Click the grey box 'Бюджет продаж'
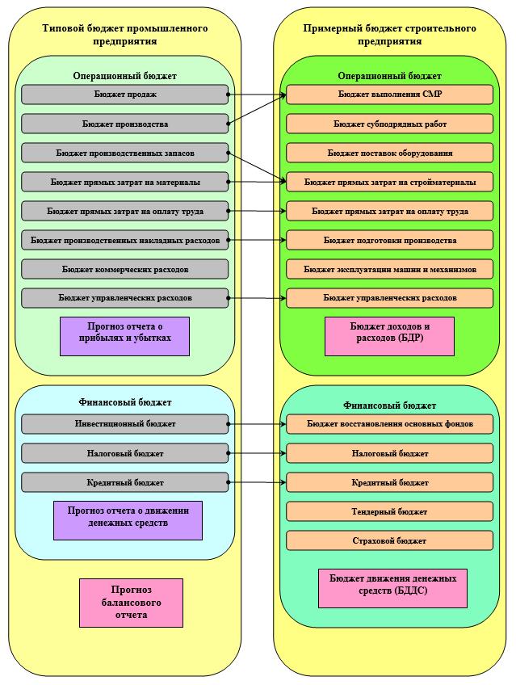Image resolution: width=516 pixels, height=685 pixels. (x=125, y=95)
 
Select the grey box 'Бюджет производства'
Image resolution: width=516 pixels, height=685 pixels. (x=125, y=124)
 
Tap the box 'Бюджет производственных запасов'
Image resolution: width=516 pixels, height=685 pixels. (x=125, y=153)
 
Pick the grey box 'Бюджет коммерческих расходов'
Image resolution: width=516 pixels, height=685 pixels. (x=125, y=270)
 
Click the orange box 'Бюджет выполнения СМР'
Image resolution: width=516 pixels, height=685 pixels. (x=389, y=95)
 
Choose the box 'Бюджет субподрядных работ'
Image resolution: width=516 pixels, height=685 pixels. (x=389, y=124)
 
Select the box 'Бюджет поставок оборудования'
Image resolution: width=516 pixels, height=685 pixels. (x=389, y=153)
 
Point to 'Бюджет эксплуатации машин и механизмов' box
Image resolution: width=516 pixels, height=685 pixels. (x=389, y=270)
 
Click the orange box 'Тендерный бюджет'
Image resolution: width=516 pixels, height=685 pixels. (x=389, y=511)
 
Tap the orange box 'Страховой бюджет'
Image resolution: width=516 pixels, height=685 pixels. (x=389, y=541)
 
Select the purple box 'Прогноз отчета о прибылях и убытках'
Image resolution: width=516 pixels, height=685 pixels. (x=125, y=336)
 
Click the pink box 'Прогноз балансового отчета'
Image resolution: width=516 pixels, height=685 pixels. (x=131, y=603)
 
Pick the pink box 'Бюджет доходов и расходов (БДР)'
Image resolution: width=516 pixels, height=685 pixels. (x=389, y=336)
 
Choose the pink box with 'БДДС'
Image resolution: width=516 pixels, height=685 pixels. (x=393, y=588)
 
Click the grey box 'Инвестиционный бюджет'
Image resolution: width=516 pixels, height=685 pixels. (x=125, y=424)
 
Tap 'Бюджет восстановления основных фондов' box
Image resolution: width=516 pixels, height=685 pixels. (x=389, y=424)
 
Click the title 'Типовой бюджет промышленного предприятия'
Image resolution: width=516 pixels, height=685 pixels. (x=125, y=35)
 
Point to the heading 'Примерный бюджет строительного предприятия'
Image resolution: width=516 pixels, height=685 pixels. (x=389, y=35)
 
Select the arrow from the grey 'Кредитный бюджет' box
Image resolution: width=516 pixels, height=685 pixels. (x=257, y=483)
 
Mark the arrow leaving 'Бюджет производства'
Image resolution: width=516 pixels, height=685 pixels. (x=257, y=109)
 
